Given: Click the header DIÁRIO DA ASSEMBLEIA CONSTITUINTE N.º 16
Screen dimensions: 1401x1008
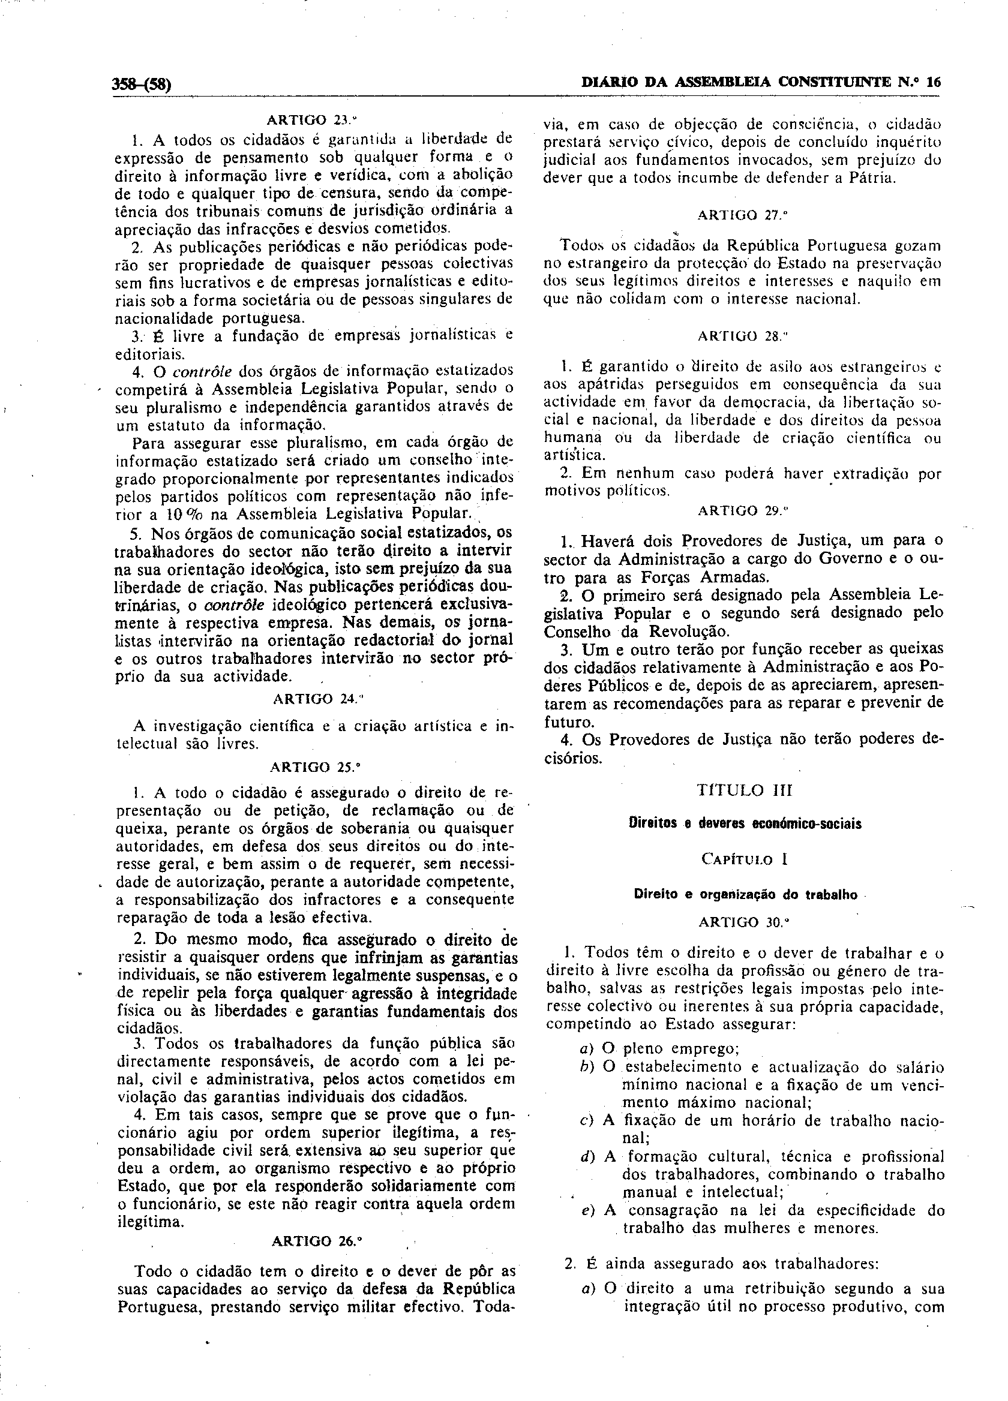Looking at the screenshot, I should (761, 82).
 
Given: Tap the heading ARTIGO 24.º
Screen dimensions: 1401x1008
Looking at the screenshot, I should (315, 699).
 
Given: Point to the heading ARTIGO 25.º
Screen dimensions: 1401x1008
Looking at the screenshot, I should (315, 767).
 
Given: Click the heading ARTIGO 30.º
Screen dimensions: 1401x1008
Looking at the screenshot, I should (744, 922).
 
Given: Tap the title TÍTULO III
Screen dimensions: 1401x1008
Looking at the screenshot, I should (744, 790).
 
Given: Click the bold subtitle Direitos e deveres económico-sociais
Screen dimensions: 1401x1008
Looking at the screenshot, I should (744, 824).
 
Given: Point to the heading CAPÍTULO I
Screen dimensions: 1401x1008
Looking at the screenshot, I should (744, 859).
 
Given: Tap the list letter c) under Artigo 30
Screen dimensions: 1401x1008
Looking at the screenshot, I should (587, 1120).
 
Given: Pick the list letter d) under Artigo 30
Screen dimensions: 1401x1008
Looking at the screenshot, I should (587, 1156).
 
